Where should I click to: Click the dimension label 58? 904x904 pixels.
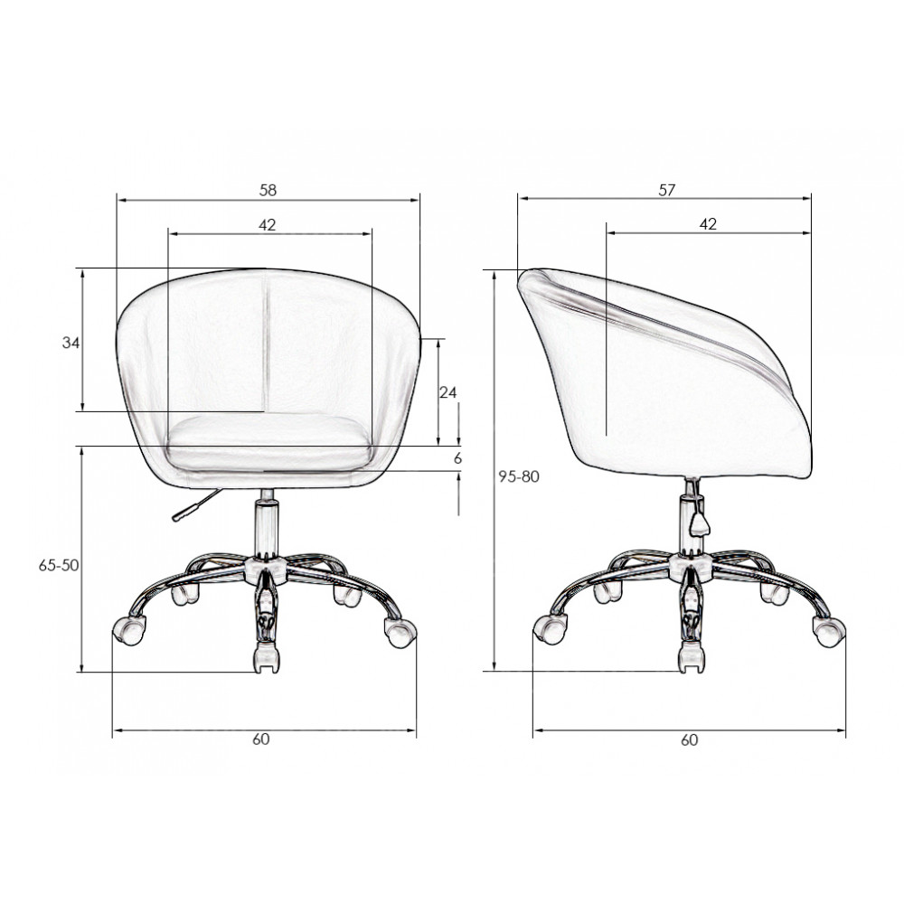pyautogui.click(x=268, y=190)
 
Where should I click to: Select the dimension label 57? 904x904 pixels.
pyautogui.click(x=666, y=190)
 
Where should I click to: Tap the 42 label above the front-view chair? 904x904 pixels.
pyautogui.click(x=267, y=225)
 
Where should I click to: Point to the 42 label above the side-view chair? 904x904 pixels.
pyautogui.click(x=708, y=224)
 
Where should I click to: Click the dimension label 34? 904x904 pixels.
pyautogui.click(x=71, y=343)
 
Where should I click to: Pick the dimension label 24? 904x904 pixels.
pyautogui.click(x=448, y=392)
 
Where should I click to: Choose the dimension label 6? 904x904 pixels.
pyautogui.click(x=457, y=458)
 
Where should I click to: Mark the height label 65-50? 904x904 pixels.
pyautogui.click(x=58, y=566)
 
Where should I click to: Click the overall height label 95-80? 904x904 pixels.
pyautogui.click(x=519, y=476)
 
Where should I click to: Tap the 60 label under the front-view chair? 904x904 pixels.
pyautogui.click(x=260, y=739)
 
